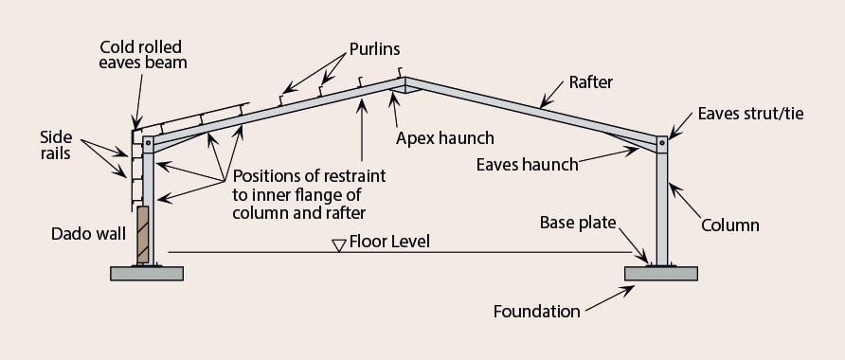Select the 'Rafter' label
pyautogui.click(x=591, y=82)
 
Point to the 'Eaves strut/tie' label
pyautogui.click(x=750, y=114)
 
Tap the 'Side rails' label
pyautogui.click(x=55, y=145)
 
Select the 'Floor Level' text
pyautogui.click(x=388, y=242)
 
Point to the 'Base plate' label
pyautogui.click(x=578, y=224)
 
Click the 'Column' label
pyautogui.click(x=729, y=226)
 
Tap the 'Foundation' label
pyautogui.click(x=535, y=310)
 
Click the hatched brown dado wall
pyautogui.click(x=143, y=235)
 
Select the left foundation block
pyautogui.click(x=148, y=274)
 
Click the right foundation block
pyautogui.click(x=661, y=274)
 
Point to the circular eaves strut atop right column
pyautogui.click(x=661, y=143)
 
